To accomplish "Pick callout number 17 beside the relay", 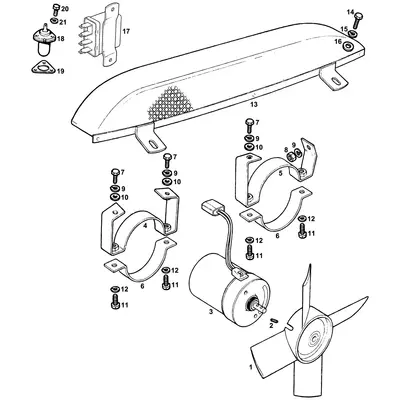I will [x=126, y=32].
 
